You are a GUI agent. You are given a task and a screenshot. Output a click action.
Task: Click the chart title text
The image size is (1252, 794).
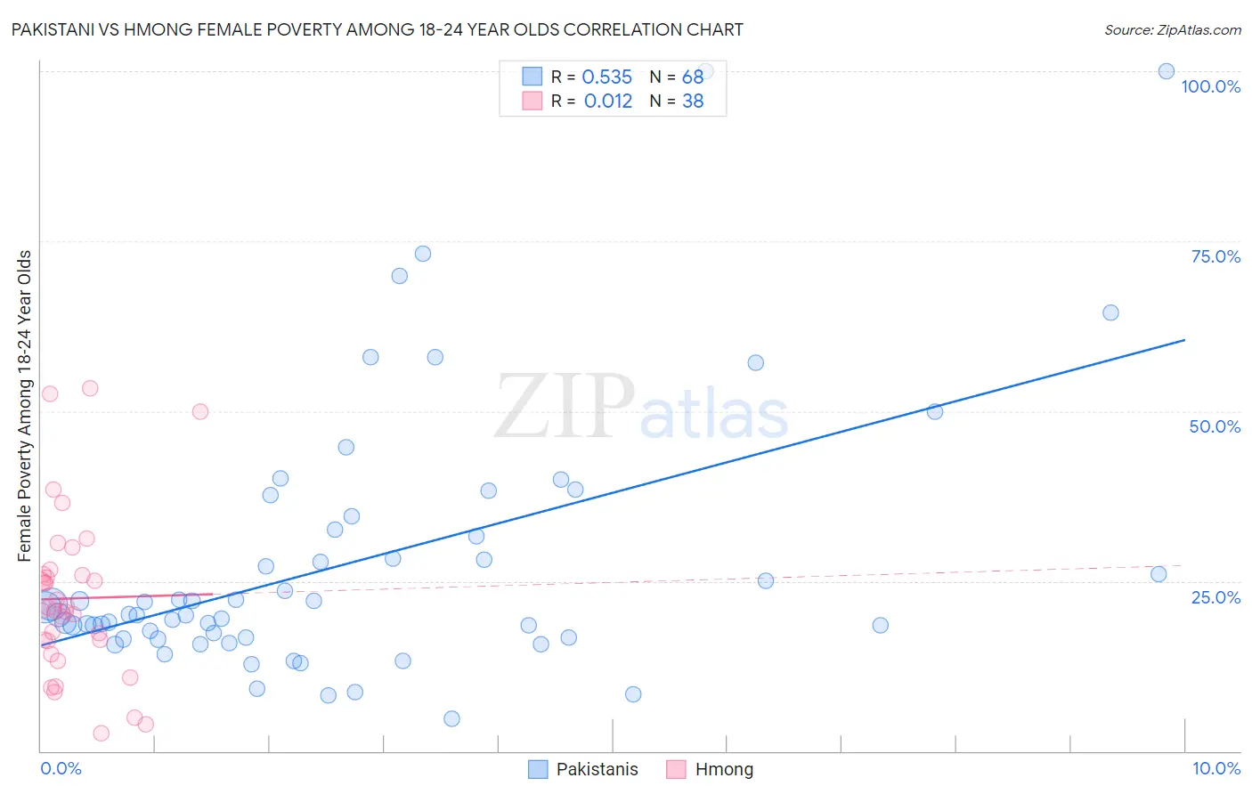click(x=377, y=29)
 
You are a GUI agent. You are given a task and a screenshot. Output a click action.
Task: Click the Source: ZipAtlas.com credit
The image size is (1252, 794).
click(x=1172, y=29)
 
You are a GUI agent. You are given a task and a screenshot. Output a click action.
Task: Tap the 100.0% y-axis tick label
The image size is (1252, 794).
click(x=1210, y=86)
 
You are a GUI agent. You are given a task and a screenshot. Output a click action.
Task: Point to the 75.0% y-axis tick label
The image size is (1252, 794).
click(x=1215, y=256)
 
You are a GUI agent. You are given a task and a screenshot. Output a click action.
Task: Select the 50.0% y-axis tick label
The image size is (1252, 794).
click(x=1215, y=426)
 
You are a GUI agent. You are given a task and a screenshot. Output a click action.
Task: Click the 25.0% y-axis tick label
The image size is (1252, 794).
click(x=1215, y=596)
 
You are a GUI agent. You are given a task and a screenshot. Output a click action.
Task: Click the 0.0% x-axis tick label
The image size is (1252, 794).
click(x=61, y=768)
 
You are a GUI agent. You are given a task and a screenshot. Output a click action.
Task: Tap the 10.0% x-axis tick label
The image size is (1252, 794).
click(x=1215, y=768)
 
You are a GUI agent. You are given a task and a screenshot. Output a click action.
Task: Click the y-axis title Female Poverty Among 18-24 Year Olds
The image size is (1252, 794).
click(x=24, y=406)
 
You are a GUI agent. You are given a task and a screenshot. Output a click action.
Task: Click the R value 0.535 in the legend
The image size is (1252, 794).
click(x=606, y=77)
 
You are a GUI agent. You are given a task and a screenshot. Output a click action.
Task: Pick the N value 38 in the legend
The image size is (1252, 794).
click(x=693, y=101)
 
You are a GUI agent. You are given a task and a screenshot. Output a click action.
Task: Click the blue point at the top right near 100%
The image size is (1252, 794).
click(x=1166, y=71)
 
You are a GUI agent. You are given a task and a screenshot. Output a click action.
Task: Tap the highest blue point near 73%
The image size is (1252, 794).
click(x=423, y=254)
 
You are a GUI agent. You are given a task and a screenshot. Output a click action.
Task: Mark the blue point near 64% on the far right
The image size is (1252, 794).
click(x=1110, y=312)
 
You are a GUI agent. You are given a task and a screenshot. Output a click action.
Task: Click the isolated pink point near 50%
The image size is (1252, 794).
click(x=200, y=411)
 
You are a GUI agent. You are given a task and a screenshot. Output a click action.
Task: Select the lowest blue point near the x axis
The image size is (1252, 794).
click(x=451, y=718)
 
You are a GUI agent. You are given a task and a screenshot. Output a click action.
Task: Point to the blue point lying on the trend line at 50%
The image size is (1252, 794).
click(x=935, y=411)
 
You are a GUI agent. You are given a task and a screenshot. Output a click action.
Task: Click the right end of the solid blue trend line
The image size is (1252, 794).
click(x=1184, y=340)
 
